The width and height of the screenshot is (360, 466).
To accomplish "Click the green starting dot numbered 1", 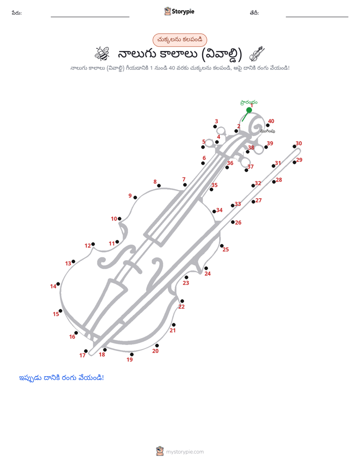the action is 249,110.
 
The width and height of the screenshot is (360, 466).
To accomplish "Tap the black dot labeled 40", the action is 268,126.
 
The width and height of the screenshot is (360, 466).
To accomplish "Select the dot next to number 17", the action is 86,351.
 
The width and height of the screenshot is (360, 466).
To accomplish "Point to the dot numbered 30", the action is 294,147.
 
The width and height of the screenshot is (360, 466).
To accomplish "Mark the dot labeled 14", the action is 58,284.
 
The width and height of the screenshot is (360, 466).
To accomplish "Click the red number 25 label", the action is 226,250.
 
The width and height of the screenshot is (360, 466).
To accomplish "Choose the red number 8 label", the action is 155,182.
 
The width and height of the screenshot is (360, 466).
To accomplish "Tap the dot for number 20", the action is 157,345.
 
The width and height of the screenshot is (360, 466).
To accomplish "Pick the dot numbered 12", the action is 93,244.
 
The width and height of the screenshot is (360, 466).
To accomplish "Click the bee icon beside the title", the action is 102,54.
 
